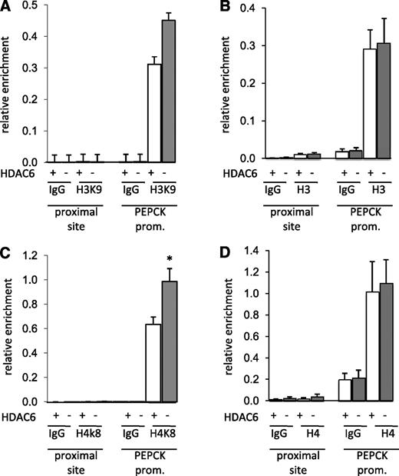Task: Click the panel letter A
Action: tap(7, 7)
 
